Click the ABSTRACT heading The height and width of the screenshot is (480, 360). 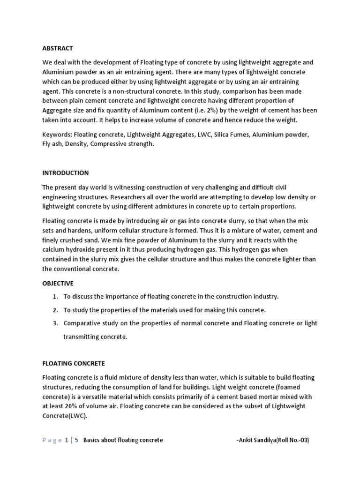(58, 48)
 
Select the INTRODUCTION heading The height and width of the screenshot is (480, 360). (66, 173)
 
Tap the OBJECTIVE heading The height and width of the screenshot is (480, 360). (58, 284)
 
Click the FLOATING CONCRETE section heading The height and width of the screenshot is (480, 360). (74, 363)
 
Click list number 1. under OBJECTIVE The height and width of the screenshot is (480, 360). (55, 297)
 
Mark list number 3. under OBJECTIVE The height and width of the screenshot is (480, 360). (55, 323)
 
